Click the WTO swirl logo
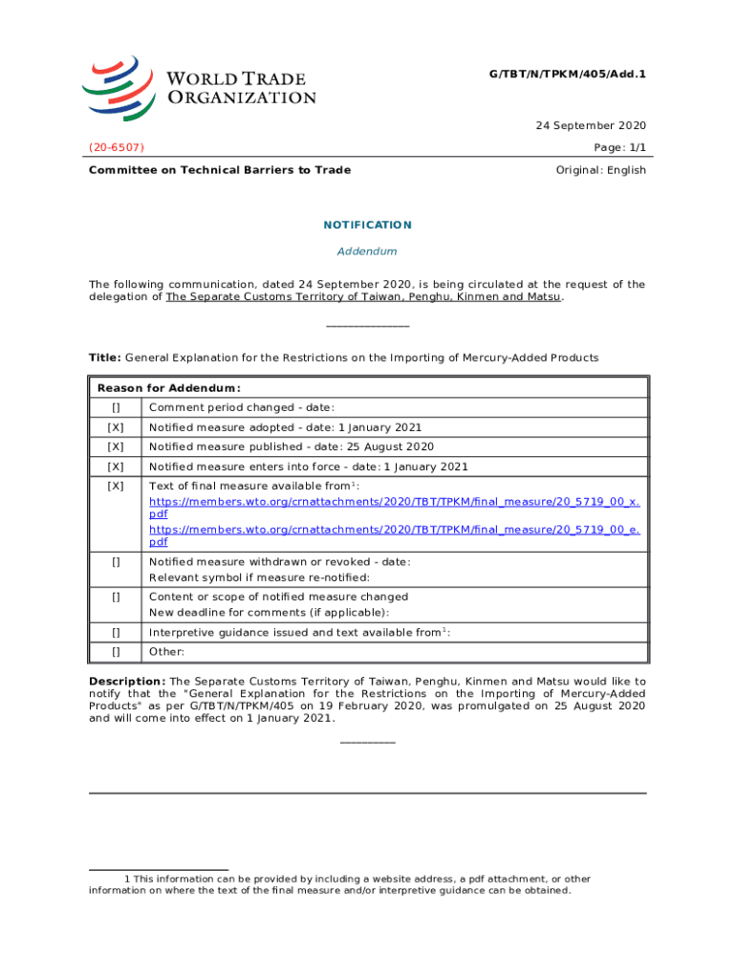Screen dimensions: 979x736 coord(118,86)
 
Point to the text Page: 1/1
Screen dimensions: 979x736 coord(620,147)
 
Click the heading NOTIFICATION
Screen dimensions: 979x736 coord(367,226)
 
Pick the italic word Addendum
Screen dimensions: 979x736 coord(367,251)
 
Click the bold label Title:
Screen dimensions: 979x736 coord(104,358)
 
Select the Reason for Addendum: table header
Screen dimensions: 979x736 coord(168,388)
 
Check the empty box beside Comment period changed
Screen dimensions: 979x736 coord(116,408)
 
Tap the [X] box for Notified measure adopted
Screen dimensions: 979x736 coord(116,427)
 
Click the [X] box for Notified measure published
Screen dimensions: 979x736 coord(116,446)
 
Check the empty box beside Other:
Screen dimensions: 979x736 coord(116,652)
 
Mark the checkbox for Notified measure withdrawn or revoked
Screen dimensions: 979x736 coord(116,562)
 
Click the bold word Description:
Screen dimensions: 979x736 coord(126,682)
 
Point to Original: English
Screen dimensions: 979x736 coord(600,170)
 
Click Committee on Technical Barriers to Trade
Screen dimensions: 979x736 coord(219,170)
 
